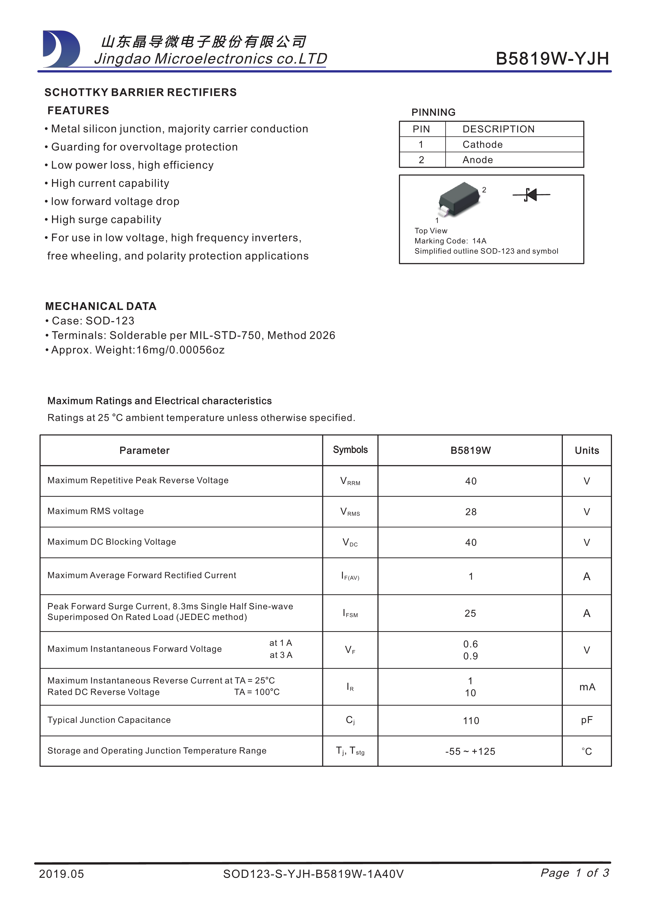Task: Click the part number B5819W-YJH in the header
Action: (x=552, y=59)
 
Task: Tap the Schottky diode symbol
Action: (x=531, y=195)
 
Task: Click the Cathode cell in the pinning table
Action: (x=482, y=145)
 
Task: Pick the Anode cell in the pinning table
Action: (x=478, y=160)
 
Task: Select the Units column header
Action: (x=587, y=450)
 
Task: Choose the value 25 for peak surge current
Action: (x=470, y=613)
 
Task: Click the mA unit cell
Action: (x=587, y=687)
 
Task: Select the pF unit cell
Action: (x=587, y=720)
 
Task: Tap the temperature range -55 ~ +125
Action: (x=470, y=751)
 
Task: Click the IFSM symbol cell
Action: (x=350, y=613)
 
